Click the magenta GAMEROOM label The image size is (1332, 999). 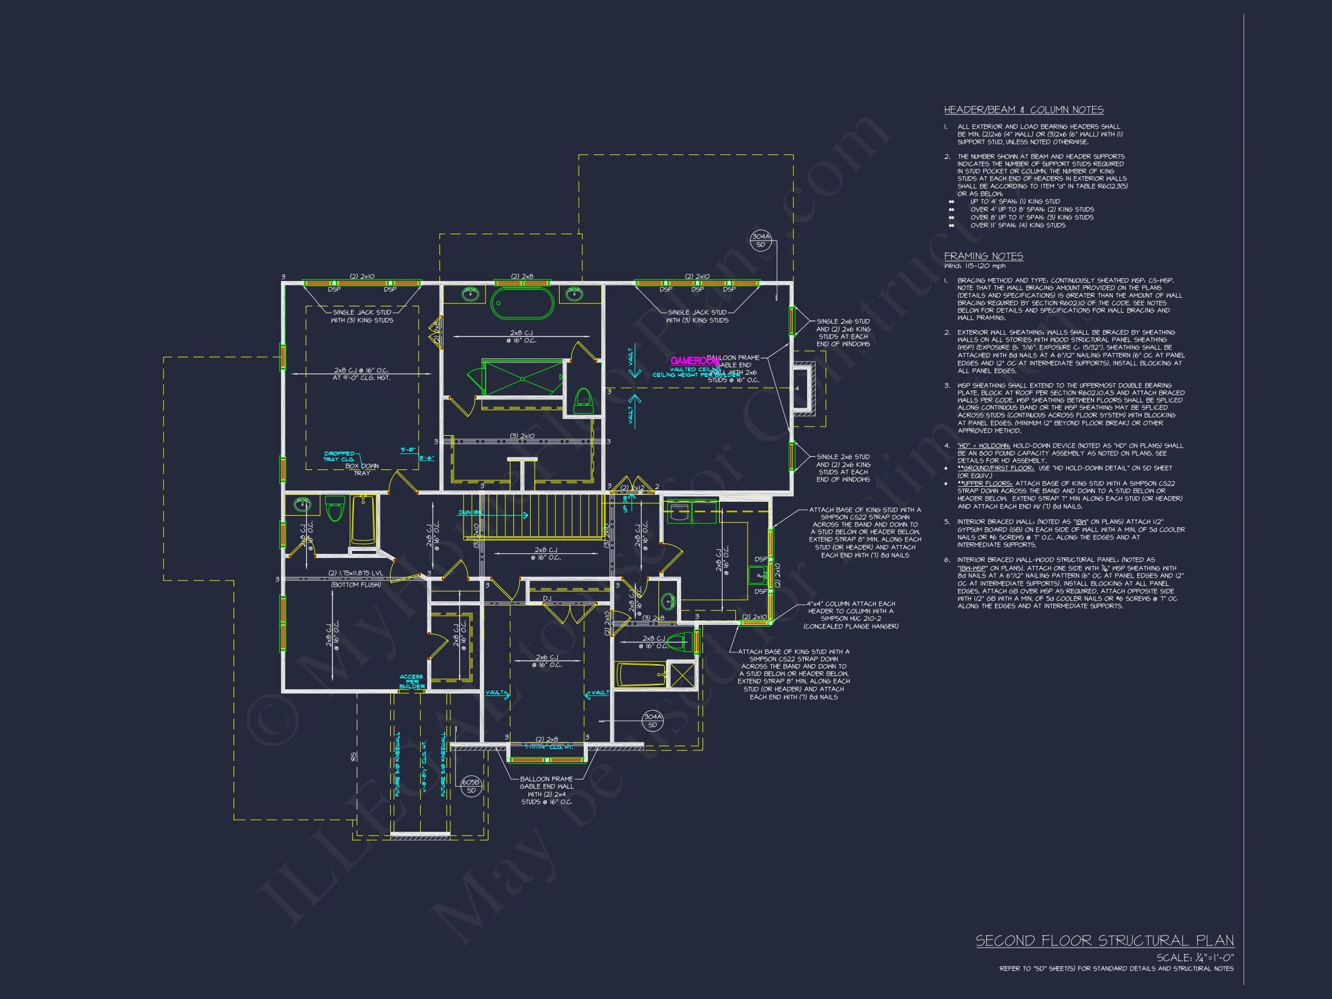click(x=694, y=361)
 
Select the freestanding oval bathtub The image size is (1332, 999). click(x=522, y=303)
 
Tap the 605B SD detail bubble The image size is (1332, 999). click(x=471, y=786)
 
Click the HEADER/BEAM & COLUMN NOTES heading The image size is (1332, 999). click(x=1023, y=110)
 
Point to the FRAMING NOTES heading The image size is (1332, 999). click(x=983, y=256)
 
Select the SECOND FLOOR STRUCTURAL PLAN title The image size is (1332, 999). click(x=1104, y=941)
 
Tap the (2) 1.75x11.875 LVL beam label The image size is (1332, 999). click(x=356, y=573)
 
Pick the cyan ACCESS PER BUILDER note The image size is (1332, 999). click(x=412, y=682)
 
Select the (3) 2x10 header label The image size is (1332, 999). click(x=522, y=436)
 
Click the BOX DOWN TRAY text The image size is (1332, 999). click(x=361, y=469)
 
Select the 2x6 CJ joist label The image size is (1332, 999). click(x=547, y=661)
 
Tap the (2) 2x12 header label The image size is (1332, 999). click(x=632, y=487)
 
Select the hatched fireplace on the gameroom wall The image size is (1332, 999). click(x=804, y=388)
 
